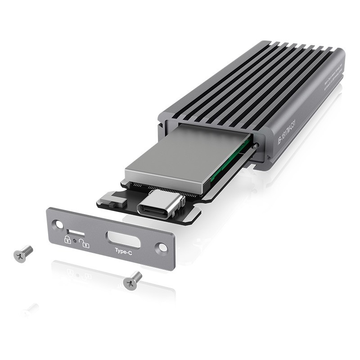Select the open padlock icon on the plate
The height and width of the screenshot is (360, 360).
click(x=84, y=243)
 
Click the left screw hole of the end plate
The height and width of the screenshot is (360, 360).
click(x=57, y=224)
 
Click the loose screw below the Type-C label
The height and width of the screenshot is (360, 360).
click(x=132, y=280)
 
